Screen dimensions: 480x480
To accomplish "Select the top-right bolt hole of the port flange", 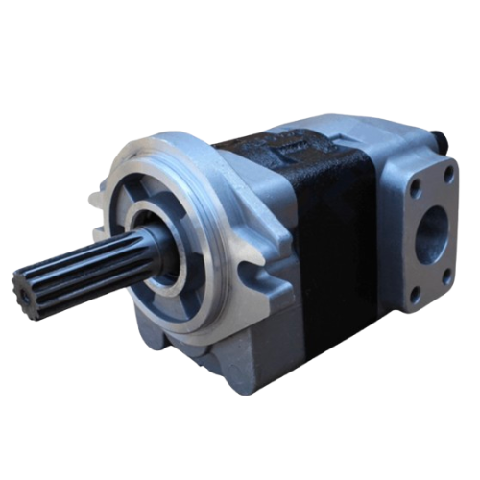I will coord(447,174).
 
